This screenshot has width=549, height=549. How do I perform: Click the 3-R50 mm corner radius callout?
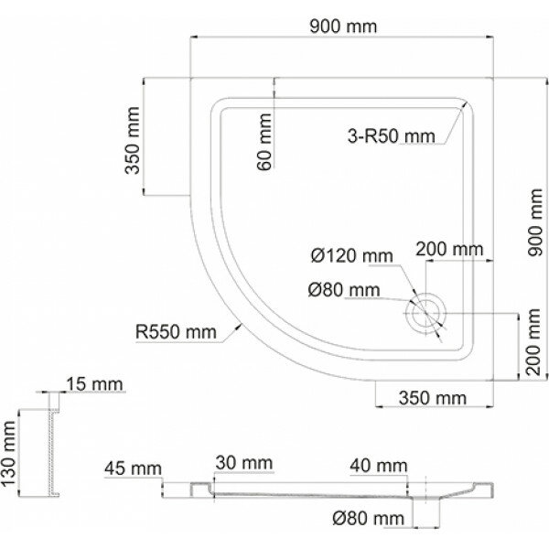(391, 136)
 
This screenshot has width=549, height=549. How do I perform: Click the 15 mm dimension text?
(91, 385)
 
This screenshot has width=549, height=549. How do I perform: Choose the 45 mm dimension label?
(126, 469)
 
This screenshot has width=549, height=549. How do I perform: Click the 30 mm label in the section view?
(242, 465)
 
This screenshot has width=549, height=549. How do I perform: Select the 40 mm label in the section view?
(377, 467)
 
